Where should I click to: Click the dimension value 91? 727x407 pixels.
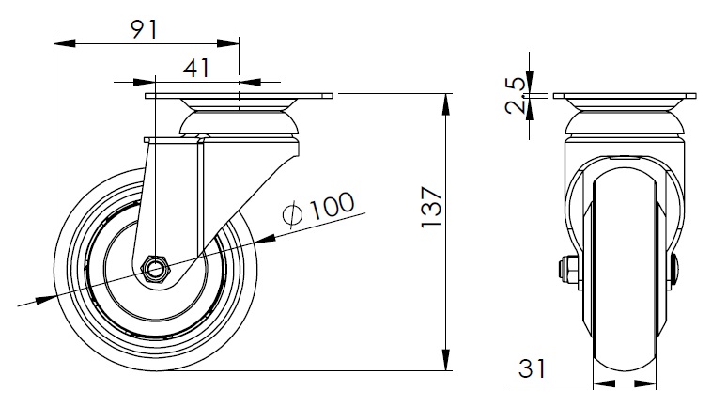[145, 30]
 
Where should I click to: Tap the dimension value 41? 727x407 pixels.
[196, 68]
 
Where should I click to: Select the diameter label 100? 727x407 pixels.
[332, 206]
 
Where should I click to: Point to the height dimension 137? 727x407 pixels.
[432, 207]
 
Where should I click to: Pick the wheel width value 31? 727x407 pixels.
[533, 368]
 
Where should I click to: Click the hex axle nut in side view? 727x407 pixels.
[155, 269]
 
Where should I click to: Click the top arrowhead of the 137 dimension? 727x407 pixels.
[446, 103]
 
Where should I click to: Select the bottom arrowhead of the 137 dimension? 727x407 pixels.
[446, 360]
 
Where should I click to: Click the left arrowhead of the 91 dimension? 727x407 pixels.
[65, 43]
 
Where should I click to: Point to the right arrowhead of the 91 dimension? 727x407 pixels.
[228, 43]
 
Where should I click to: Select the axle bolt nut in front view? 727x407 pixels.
[568, 270]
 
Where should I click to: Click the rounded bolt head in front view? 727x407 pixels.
[675, 270]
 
